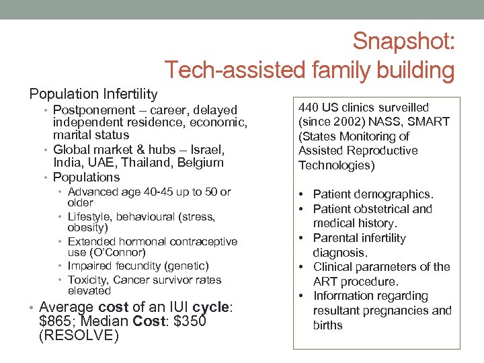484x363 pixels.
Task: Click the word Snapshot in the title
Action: pos(403,42)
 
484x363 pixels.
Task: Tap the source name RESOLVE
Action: pos(79,335)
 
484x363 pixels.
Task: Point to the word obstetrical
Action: pos(385,209)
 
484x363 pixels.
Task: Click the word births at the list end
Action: pos(328,325)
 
